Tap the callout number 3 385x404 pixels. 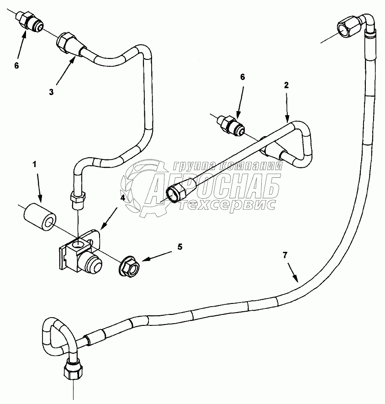(x=51, y=91)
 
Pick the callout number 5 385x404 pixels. (x=179, y=247)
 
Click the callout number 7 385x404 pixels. (x=285, y=255)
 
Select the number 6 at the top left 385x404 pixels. (x=16, y=65)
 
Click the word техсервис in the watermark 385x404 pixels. (x=228, y=204)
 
